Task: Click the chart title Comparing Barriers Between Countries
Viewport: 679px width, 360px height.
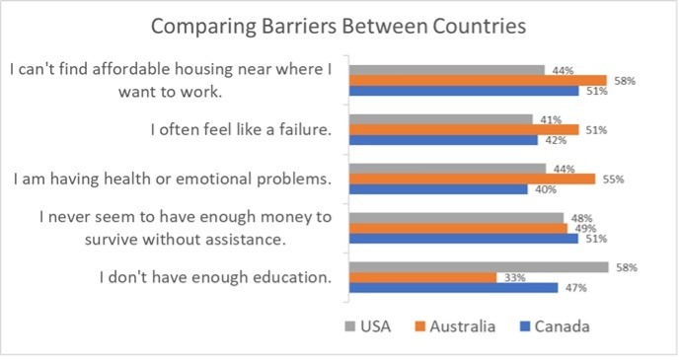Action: pyautogui.click(x=339, y=25)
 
